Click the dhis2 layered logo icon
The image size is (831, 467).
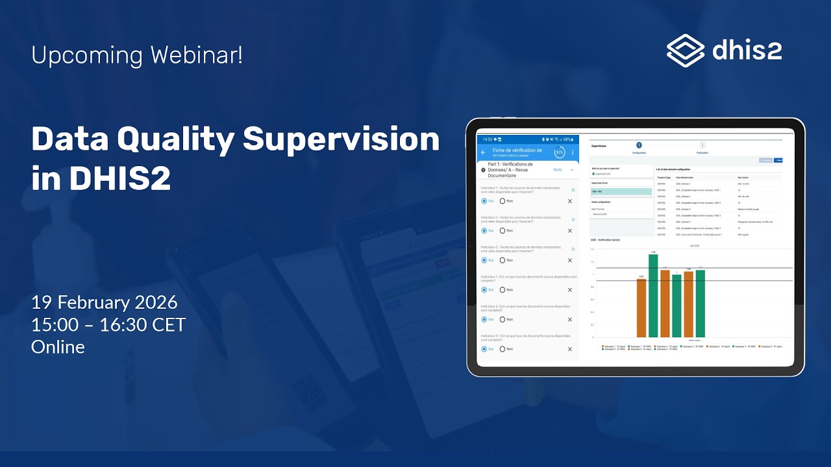pyautogui.click(x=686, y=51)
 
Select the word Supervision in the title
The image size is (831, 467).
pyautogui.click(x=341, y=139)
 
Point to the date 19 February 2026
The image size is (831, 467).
pyautogui.click(x=104, y=302)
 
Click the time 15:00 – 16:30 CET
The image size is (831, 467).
pyautogui.click(x=108, y=324)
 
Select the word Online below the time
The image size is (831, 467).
pyautogui.click(x=58, y=347)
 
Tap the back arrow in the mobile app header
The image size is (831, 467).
pyautogui.click(x=483, y=152)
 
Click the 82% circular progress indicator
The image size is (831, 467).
pyautogui.click(x=559, y=152)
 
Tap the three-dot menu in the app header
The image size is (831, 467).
pyautogui.click(x=573, y=152)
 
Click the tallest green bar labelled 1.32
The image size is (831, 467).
pyautogui.click(x=653, y=296)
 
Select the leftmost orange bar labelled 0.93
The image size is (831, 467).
pyautogui.click(x=641, y=308)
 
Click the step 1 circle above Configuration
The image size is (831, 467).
pyautogui.click(x=639, y=145)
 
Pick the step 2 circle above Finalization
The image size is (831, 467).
pyautogui.click(x=702, y=145)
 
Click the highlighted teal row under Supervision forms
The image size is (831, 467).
pyautogui.click(x=621, y=191)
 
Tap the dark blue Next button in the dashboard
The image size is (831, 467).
pyautogui.click(x=778, y=160)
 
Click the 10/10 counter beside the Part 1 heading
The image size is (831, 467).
pyautogui.click(x=557, y=170)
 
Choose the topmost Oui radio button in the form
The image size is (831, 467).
pyautogui.click(x=484, y=201)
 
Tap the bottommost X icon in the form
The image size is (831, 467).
pyautogui.click(x=570, y=349)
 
